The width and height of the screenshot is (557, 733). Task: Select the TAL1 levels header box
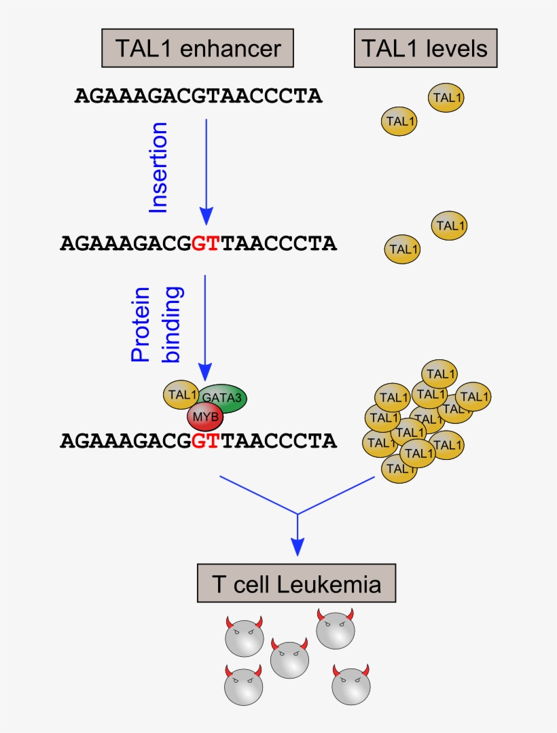[x=425, y=49]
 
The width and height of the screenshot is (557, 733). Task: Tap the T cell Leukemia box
[x=297, y=584]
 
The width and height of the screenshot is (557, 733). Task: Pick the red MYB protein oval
[x=205, y=415]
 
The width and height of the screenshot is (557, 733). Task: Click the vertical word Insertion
[x=158, y=168]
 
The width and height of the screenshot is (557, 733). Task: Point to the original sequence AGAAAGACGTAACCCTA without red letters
[x=198, y=96]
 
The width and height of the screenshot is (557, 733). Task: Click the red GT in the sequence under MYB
[x=205, y=441]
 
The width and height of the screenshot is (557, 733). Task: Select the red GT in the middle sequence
[x=205, y=243]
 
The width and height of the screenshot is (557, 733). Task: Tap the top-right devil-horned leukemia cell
[x=336, y=629]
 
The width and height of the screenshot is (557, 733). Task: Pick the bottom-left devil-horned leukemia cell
[x=243, y=687]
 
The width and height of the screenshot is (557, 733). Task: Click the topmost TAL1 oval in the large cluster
[x=439, y=374]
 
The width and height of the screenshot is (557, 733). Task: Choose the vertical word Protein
[x=140, y=325]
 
